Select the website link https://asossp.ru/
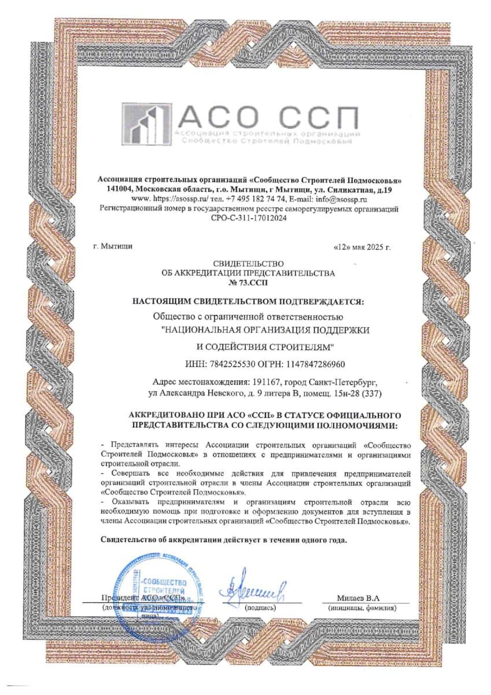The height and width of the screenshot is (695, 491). pyautogui.click(x=164, y=199)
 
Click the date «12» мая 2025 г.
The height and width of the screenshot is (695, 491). pyautogui.click(x=363, y=247)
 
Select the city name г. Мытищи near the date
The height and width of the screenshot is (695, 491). pyautogui.click(x=113, y=246)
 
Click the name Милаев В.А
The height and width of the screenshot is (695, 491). pyautogui.click(x=361, y=598)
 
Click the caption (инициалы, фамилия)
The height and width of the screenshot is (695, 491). pyautogui.click(x=361, y=609)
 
